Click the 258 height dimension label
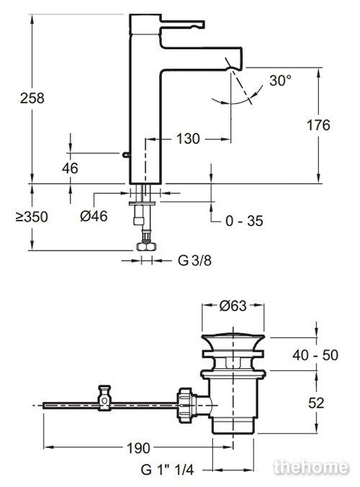coord(32,98)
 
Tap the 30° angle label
coord(281,81)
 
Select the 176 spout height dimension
coord(318,125)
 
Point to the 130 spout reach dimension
coord(188,138)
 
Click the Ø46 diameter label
coord(94,216)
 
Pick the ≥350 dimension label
coord(32,217)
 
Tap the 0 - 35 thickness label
coord(244,221)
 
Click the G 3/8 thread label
coord(194,260)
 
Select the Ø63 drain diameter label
coord(233,305)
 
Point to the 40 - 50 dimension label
coord(315,355)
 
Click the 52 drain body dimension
coord(316,403)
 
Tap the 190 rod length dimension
coord(138,448)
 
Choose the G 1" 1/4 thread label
coord(167,469)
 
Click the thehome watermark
coord(310,467)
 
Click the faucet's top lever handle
coord(182,24)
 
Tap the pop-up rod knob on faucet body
coord(125,154)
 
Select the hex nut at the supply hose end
coord(147,246)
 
